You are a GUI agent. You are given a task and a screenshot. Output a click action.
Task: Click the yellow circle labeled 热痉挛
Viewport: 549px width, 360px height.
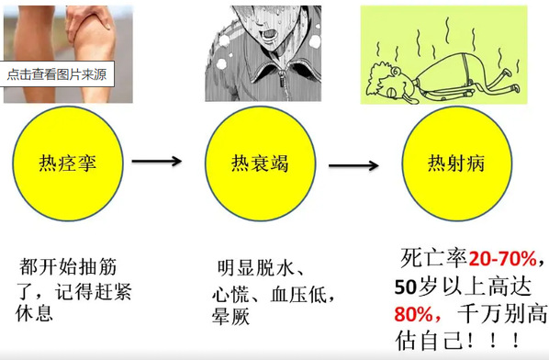click(68, 163)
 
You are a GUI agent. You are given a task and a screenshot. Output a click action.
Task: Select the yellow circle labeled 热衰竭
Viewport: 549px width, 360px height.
click(260, 163)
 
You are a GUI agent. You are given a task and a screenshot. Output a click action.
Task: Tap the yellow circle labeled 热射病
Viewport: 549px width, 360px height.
click(456, 163)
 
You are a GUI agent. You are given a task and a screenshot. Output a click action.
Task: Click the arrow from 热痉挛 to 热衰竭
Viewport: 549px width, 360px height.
click(156, 161)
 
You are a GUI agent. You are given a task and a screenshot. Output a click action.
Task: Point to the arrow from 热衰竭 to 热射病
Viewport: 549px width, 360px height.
click(353, 165)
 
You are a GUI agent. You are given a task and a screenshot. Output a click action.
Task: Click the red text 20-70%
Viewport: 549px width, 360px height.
click(503, 259)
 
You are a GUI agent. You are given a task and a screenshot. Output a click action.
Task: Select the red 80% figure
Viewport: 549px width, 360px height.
click(414, 314)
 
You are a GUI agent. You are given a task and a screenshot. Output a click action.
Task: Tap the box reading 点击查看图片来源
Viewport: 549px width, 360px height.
click(57, 74)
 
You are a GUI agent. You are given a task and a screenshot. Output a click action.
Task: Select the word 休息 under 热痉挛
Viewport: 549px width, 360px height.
click(34, 313)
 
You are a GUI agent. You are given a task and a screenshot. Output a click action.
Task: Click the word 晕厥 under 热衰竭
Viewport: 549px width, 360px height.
click(230, 316)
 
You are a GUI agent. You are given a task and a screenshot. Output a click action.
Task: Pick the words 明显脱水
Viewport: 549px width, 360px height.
click(255, 268)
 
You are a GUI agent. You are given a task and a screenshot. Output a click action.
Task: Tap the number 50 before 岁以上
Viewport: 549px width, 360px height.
click(406, 287)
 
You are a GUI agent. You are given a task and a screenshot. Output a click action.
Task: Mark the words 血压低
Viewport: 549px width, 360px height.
click(298, 294)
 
